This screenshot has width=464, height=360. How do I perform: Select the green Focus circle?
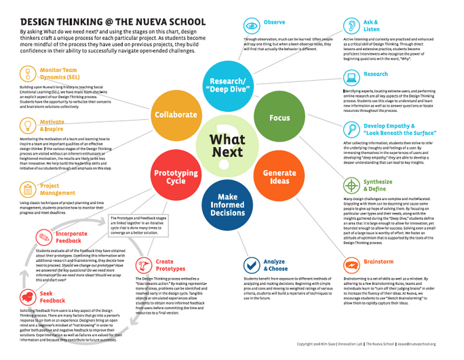click(x=279, y=117)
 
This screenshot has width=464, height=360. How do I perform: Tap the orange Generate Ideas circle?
click(x=279, y=173)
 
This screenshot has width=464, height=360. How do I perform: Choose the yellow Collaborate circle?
click(x=175, y=115)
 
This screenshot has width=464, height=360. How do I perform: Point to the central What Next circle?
click(x=227, y=144)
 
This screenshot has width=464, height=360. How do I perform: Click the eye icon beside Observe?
click(x=251, y=25)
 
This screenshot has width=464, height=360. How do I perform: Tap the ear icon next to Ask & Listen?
click(x=351, y=26)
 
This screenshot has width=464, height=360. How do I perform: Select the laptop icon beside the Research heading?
click(x=351, y=75)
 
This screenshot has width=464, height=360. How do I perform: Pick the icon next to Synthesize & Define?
click(x=351, y=185)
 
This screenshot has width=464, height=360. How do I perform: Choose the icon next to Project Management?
click(x=26, y=189)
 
